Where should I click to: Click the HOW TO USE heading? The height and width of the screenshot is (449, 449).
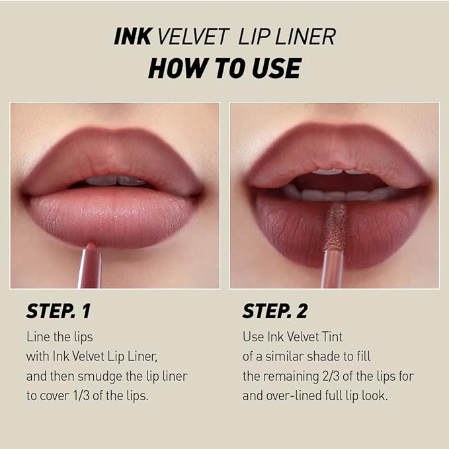tap(224, 67)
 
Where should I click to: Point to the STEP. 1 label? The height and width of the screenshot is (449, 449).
tap(59, 311)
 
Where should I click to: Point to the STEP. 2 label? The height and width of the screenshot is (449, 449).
tap(275, 311)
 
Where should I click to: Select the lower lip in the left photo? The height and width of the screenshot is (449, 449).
tap(112, 215)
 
